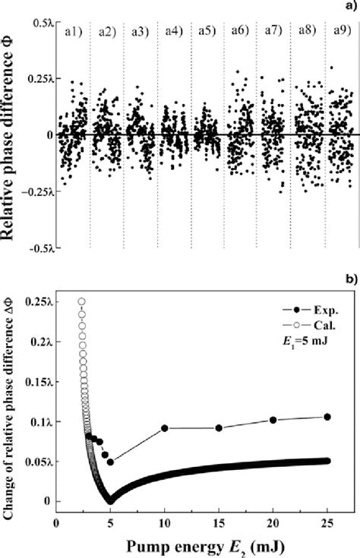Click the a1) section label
click(74, 32)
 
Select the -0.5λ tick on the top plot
click(39, 247)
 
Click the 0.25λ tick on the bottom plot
click(37, 301)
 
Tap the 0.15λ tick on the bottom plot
click(39, 381)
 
